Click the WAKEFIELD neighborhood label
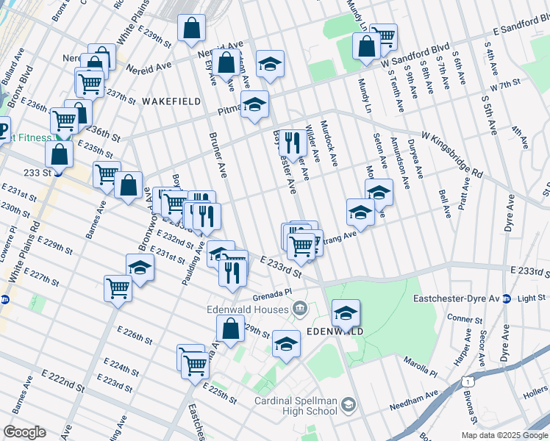tap(171, 101)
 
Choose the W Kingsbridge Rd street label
tap(451, 153)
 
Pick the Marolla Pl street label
tap(420, 362)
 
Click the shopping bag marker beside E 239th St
tap(191, 29)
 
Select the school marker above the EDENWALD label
tap(346, 313)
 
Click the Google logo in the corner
tap(25, 432)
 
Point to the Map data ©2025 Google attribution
tap(504, 435)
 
